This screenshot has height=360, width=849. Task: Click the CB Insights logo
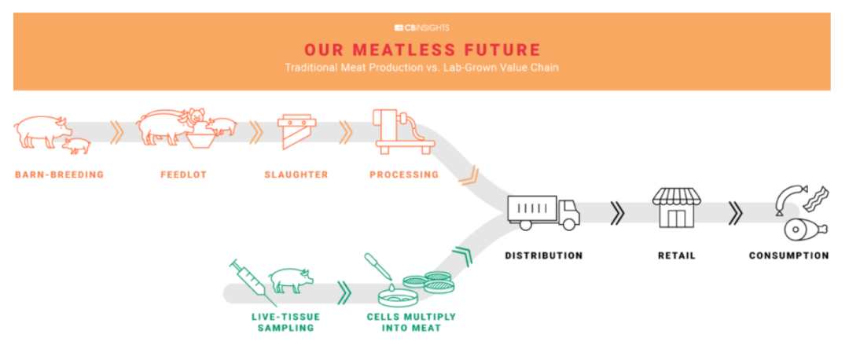422,28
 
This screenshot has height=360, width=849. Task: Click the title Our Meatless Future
422,50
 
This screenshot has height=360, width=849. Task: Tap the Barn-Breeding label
60,174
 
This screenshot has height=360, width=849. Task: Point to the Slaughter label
296,174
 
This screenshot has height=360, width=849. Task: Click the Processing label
404,174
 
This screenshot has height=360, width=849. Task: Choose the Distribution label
544,255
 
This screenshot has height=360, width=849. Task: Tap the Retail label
677,255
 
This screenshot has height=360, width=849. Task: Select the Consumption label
789,255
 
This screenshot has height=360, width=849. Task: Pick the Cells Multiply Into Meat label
411,322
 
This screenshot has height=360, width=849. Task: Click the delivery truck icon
544,212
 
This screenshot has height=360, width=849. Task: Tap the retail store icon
677,208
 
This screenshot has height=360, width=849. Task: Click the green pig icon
292,280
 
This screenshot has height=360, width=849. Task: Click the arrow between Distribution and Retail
617,213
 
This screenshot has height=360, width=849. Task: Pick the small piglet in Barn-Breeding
75,145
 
